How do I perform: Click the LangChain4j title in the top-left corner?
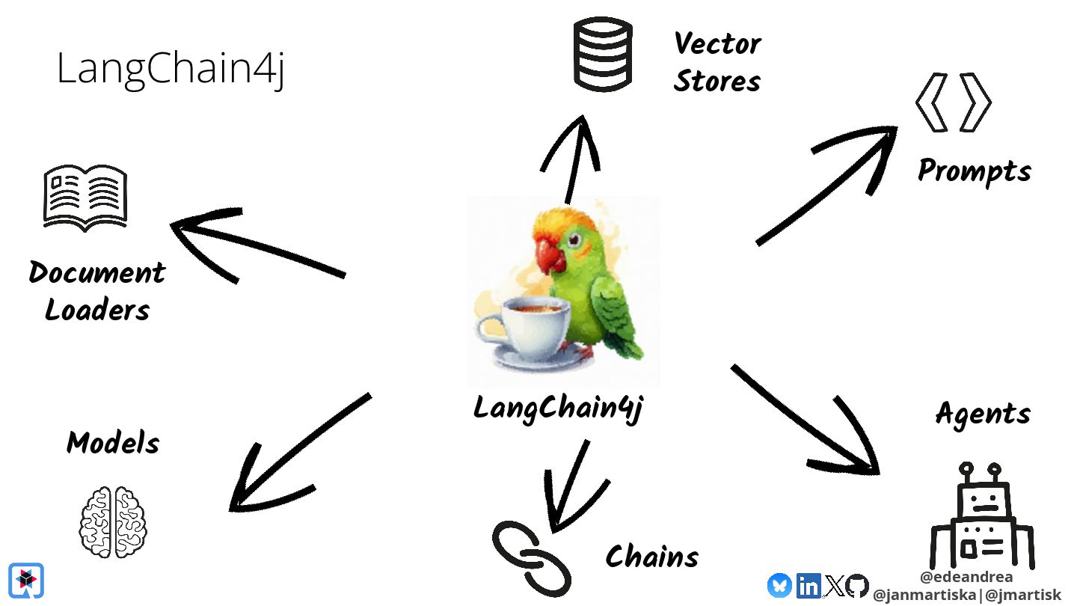(x=171, y=70)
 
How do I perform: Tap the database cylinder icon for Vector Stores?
(x=603, y=55)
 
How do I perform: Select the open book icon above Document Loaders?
(x=85, y=196)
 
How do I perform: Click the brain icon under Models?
(x=113, y=521)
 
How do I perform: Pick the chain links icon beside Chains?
(x=531, y=557)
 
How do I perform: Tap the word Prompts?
(x=974, y=171)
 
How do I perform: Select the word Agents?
(x=983, y=414)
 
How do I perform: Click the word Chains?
(x=651, y=557)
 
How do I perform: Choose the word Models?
(x=113, y=443)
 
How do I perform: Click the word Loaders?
(x=97, y=309)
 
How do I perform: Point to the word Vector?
(x=717, y=43)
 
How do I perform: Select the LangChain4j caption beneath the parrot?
(x=558, y=408)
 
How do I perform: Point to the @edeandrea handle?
(x=966, y=577)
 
